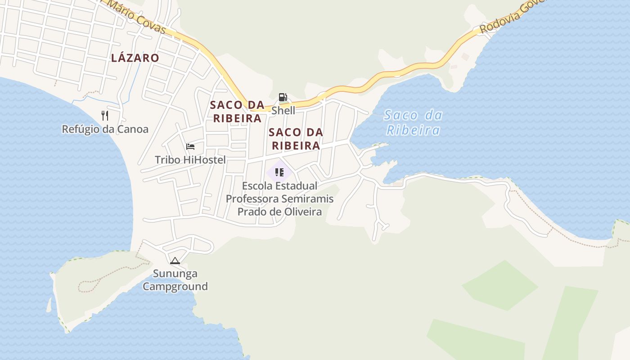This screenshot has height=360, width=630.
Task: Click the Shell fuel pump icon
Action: [283, 97]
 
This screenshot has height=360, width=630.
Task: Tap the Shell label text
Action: [283, 110]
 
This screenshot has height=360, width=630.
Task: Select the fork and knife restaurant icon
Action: [105, 116]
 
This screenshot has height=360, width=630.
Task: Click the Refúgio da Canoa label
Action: [105, 129]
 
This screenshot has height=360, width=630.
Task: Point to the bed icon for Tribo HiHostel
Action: [190, 147]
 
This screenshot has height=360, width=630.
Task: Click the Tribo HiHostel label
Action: [190, 160]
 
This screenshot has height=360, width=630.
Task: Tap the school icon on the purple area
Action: [279, 172]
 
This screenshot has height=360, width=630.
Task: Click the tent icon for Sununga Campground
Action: [175, 261]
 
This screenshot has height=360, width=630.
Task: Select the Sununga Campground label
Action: [175, 280]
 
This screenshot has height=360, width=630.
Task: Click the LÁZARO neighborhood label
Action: [135, 58]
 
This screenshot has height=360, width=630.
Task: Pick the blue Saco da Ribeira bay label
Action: [413, 123]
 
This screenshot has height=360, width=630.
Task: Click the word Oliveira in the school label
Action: [302, 211]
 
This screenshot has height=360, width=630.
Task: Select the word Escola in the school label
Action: [259, 185]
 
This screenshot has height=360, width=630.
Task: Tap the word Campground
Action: [175, 286]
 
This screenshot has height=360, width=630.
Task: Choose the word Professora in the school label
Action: [253, 198]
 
